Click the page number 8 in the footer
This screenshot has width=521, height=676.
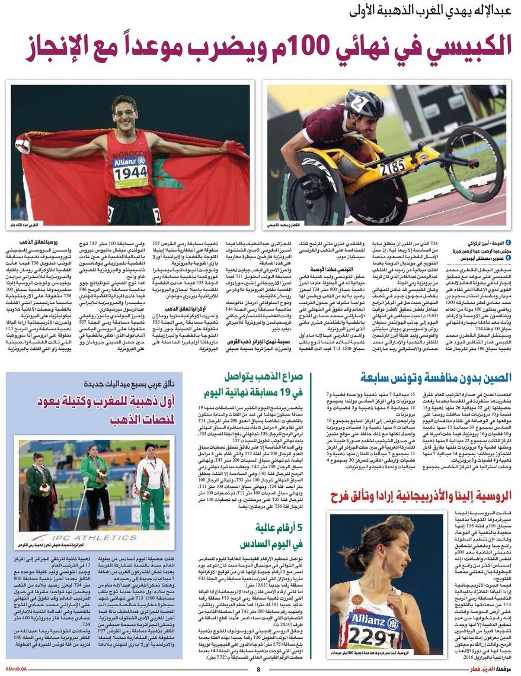[258, 669]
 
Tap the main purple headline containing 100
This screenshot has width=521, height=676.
[269, 49]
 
